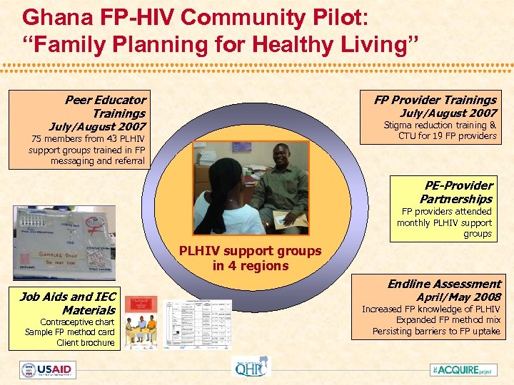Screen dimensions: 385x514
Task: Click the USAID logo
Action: click(x=48, y=370)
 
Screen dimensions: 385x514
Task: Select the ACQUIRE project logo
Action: click(x=464, y=370)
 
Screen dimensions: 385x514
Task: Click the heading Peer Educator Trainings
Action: click(x=106, y=106)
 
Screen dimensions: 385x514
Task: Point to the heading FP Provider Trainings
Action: click(x=435, y=100)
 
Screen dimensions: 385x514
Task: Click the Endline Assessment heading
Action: click(x=444, y=284)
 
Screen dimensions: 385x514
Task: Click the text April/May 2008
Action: click(x=459, y=297)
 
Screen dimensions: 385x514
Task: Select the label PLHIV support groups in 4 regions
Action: click(x=250, y=258)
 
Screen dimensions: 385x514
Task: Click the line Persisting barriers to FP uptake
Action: click(x=436, y=331)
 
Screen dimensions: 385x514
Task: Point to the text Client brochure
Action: click(x=86, y=343)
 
